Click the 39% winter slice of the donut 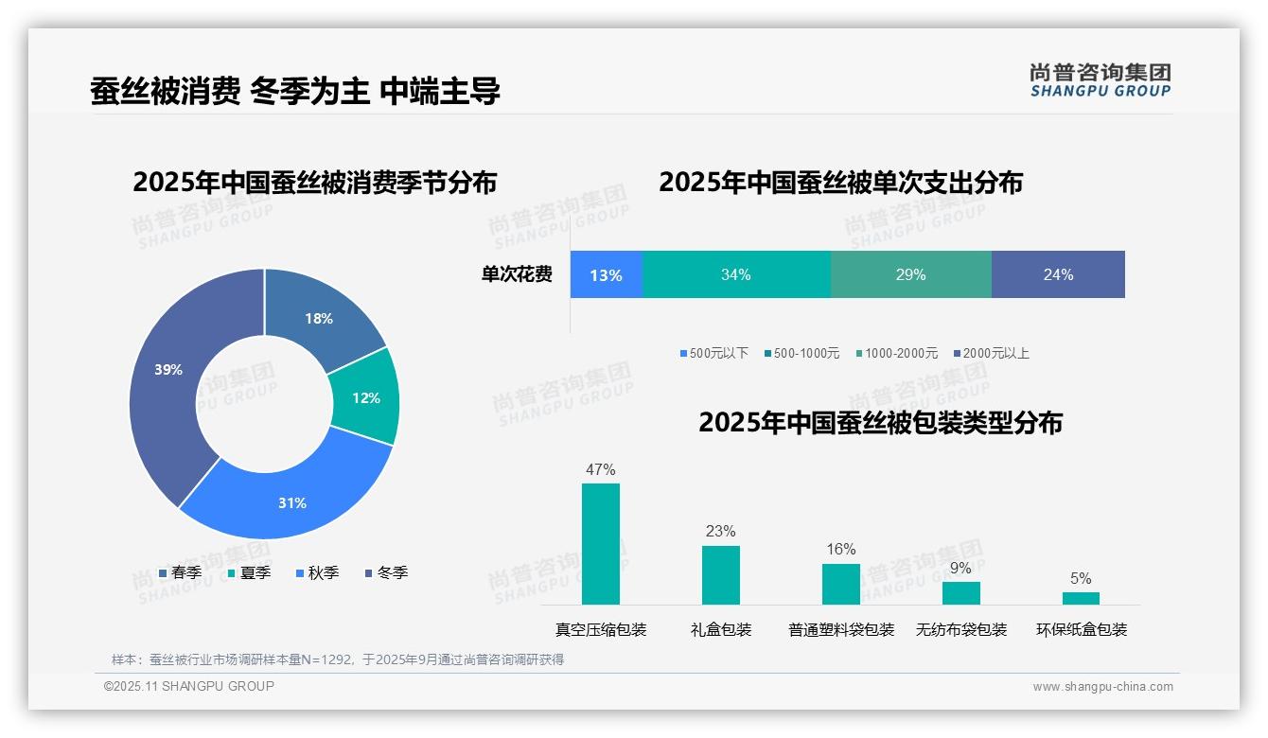(x=170, y=378)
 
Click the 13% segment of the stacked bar (x=606, y=274)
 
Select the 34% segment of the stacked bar (x=735, y=274)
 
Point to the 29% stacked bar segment (x=910, y=274)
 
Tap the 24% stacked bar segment (x=1058, y=274)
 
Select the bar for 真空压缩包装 (x=600, y=544)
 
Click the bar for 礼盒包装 (x=720, y=574)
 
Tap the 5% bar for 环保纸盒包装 (x=1081, y=598)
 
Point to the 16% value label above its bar (x=840, y=549)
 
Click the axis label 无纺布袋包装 (x=960, y=629)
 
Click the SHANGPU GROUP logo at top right (x=1100, y=80)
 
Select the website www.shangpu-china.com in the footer (x=1102, y=687)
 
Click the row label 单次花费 (x=517, y=274)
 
